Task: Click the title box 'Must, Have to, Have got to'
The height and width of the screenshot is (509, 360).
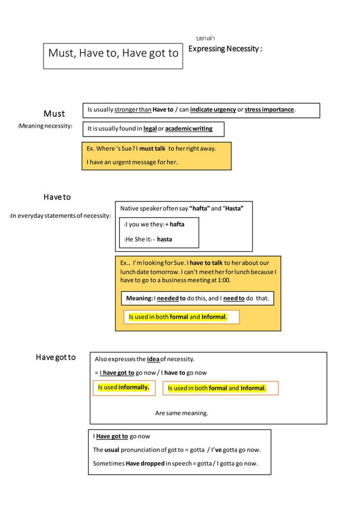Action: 113,54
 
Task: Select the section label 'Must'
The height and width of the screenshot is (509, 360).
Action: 54,113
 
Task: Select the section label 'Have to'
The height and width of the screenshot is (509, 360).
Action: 57,198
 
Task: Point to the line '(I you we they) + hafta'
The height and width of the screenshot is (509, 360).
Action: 154,224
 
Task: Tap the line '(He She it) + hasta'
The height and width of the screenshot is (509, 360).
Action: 148,239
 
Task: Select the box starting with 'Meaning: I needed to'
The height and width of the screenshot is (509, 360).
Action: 197,298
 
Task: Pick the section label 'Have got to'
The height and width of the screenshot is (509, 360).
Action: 56,357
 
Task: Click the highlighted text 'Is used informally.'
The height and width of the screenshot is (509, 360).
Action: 123,388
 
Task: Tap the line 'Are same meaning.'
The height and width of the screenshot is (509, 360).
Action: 182,413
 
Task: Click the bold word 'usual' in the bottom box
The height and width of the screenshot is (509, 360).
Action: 112,450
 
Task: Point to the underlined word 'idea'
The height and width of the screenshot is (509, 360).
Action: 152,359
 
